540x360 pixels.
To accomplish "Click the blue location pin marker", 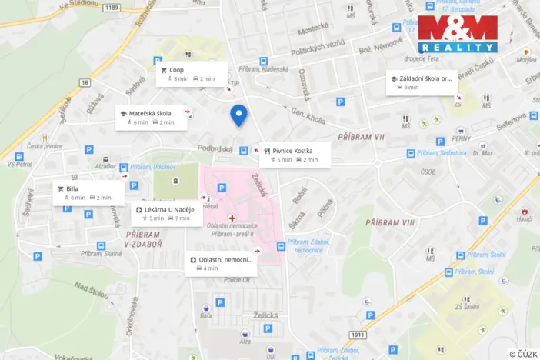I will [238, 115].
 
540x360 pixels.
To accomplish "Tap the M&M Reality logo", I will [457, 34].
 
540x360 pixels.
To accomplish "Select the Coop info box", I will [192, 74].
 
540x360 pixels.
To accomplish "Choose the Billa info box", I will [88, 192].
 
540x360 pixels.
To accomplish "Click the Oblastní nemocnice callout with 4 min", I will [221, 264].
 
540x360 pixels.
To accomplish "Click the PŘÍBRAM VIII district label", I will [390, 222].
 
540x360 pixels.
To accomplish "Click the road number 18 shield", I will [85, 82].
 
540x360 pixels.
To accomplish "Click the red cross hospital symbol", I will [232, 218].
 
